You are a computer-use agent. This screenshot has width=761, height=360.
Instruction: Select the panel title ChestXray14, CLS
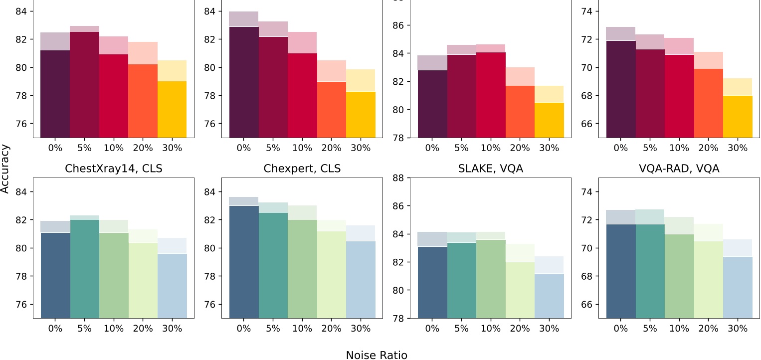[x=114, y=169]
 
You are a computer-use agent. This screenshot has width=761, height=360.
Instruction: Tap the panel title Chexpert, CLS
[x=302, y=169]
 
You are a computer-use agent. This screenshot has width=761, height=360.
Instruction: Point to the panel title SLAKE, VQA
[x=491, y=169]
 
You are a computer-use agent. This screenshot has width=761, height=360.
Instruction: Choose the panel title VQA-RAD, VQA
[x=679, y=169]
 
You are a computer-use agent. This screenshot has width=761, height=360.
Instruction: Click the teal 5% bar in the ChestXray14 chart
[x=85, y=269]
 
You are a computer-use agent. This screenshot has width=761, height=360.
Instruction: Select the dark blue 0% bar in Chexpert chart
[x=244, y=262]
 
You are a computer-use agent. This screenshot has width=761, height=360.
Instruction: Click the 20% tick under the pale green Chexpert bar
[x=332, y=329]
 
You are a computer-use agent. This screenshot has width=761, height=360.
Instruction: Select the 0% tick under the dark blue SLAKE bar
[x=432, y=329]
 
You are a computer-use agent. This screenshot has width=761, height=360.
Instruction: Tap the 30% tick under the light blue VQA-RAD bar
[x=738, y=329]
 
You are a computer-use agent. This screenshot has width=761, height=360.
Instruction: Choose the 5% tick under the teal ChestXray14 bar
[x=85, y=329]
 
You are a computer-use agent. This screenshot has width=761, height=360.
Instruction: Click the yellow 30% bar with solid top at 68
[x=738, y=117]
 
